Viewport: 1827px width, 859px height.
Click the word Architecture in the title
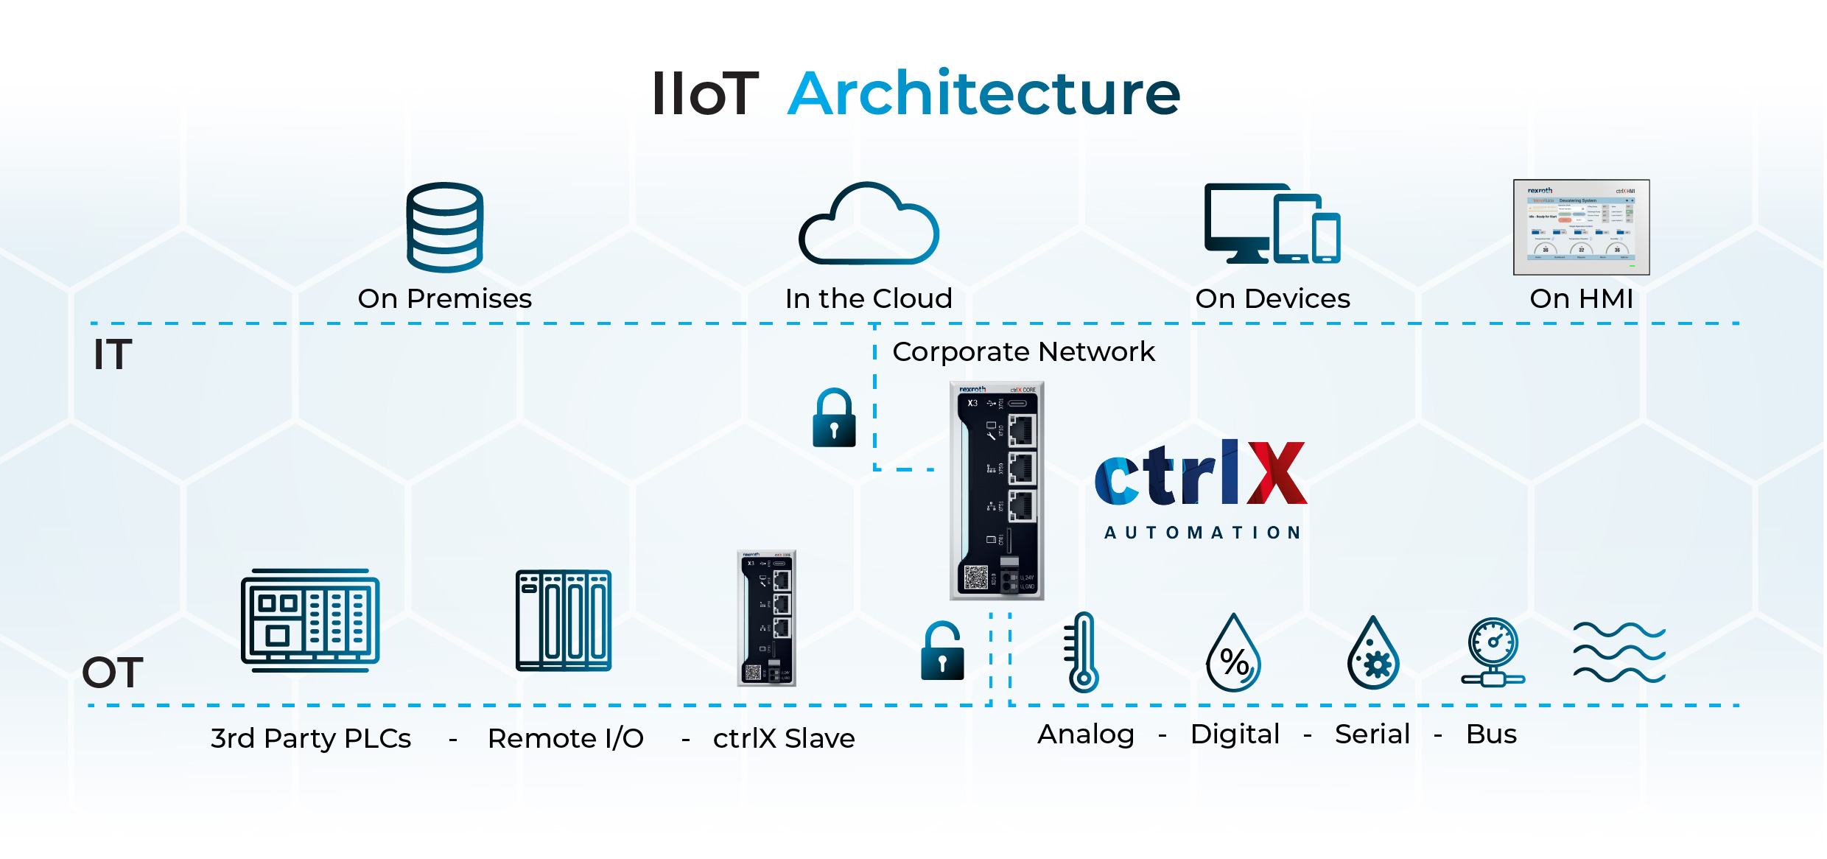983,94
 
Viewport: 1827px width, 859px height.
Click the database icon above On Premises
445,228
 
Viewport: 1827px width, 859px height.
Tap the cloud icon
869,224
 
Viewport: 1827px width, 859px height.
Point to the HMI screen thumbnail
1581,227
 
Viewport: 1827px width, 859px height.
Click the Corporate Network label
1023,352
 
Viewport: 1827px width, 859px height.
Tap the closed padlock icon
834,418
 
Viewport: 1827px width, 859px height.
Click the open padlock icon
942,651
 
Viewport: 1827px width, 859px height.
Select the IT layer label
113,354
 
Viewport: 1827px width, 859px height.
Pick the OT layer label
113,673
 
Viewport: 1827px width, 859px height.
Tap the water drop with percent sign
1234,653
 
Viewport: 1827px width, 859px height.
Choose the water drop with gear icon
1373,654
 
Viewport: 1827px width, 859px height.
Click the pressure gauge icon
1493,653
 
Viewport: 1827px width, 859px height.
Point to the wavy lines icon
1619,652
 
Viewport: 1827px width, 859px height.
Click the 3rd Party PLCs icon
310,620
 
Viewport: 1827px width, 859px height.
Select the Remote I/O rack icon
564,620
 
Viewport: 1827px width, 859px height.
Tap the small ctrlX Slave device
767,619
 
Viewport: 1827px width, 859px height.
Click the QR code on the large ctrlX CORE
976,578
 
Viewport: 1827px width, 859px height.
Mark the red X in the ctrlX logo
1277,473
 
